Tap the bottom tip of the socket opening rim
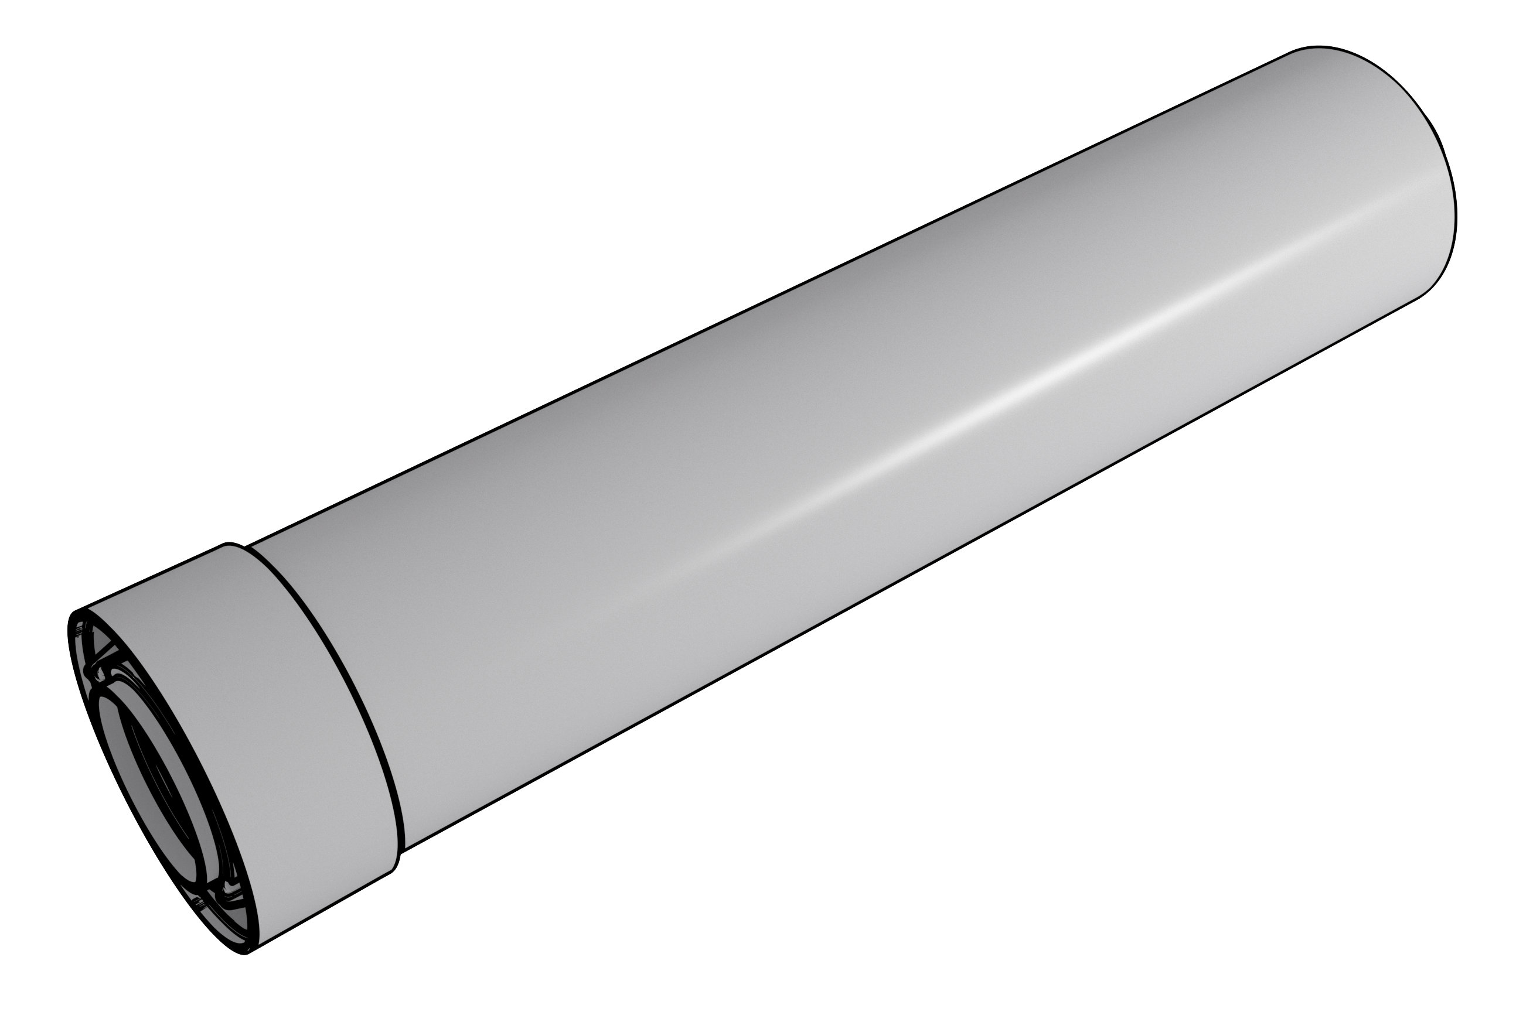click(244, 953)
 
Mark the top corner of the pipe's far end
click(1294, 51)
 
